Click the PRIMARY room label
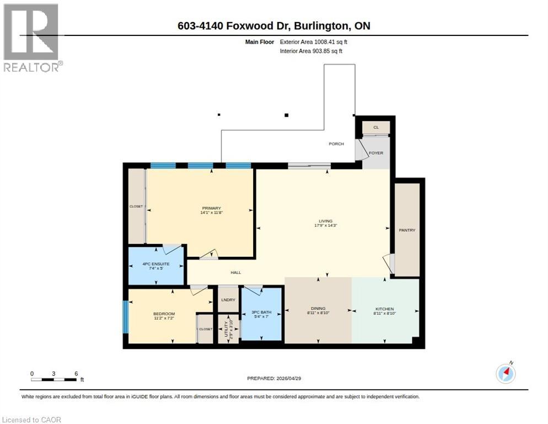207,208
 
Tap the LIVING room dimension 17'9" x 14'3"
329,226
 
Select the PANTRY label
407,230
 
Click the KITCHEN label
384,309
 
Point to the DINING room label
318,309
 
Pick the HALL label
235,272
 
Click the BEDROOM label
164,314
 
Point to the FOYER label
375,153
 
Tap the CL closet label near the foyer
376,127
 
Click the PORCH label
336,144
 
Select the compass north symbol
506,374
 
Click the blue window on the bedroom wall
125,316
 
